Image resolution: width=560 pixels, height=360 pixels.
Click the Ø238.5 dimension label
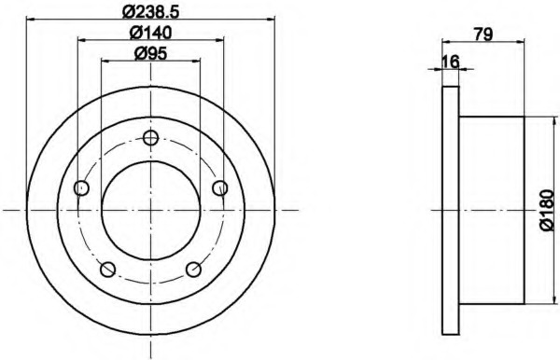pyautogui.click(x=150, y=12)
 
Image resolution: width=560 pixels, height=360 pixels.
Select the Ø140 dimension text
pyautogui.click(x=150, y=33)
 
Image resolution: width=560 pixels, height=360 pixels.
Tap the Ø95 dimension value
pyautogui.click(x=150, y=54)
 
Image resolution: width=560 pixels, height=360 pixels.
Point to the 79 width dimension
pyautogui.click(x=483, y=35)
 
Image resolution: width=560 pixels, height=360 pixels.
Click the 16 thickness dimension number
pyautogui.click(x=450, y=62)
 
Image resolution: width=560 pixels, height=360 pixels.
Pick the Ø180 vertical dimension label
pyautogui.click(x=548, y=211)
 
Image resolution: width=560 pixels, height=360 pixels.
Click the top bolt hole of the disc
pyautogui.click(x=150, y=138)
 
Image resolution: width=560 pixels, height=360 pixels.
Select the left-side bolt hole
pyautogui.click(x=81, y=188)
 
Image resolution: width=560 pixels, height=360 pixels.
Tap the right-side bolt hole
pyautogui.click(x=220, y=188)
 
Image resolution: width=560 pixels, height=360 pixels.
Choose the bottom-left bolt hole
pyautogui.click(x=108, y=270)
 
